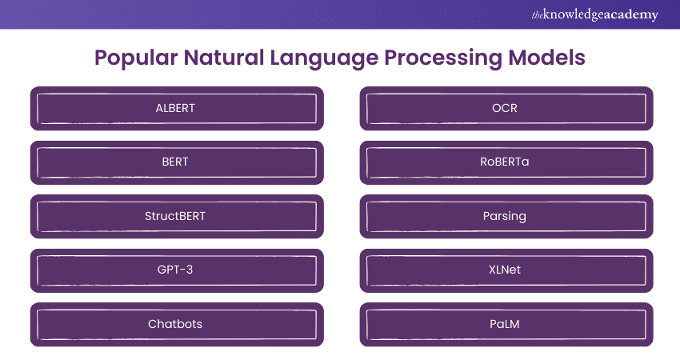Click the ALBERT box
177,109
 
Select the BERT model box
177,162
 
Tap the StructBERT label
175,216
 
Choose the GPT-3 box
177,270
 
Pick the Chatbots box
177,324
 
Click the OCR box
506,109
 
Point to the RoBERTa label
504,162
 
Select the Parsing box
506,216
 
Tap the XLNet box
506,270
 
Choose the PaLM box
506,324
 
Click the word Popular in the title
136,58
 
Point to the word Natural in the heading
224,58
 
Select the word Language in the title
324,58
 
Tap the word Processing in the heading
442,58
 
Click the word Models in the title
546,58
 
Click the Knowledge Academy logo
594,14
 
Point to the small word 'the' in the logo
537,15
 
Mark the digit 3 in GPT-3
190,270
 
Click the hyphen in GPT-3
182,270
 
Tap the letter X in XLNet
493,270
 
